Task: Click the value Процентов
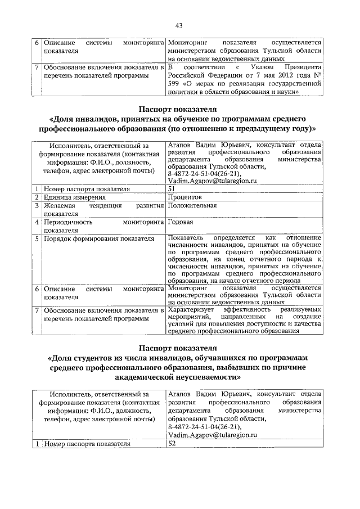coord(185,197)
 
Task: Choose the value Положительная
coord(192,206)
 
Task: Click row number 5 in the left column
coord(37,238)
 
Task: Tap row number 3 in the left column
coord(37,206)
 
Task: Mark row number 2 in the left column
coord(37,197)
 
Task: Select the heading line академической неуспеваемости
coord(179,377)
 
